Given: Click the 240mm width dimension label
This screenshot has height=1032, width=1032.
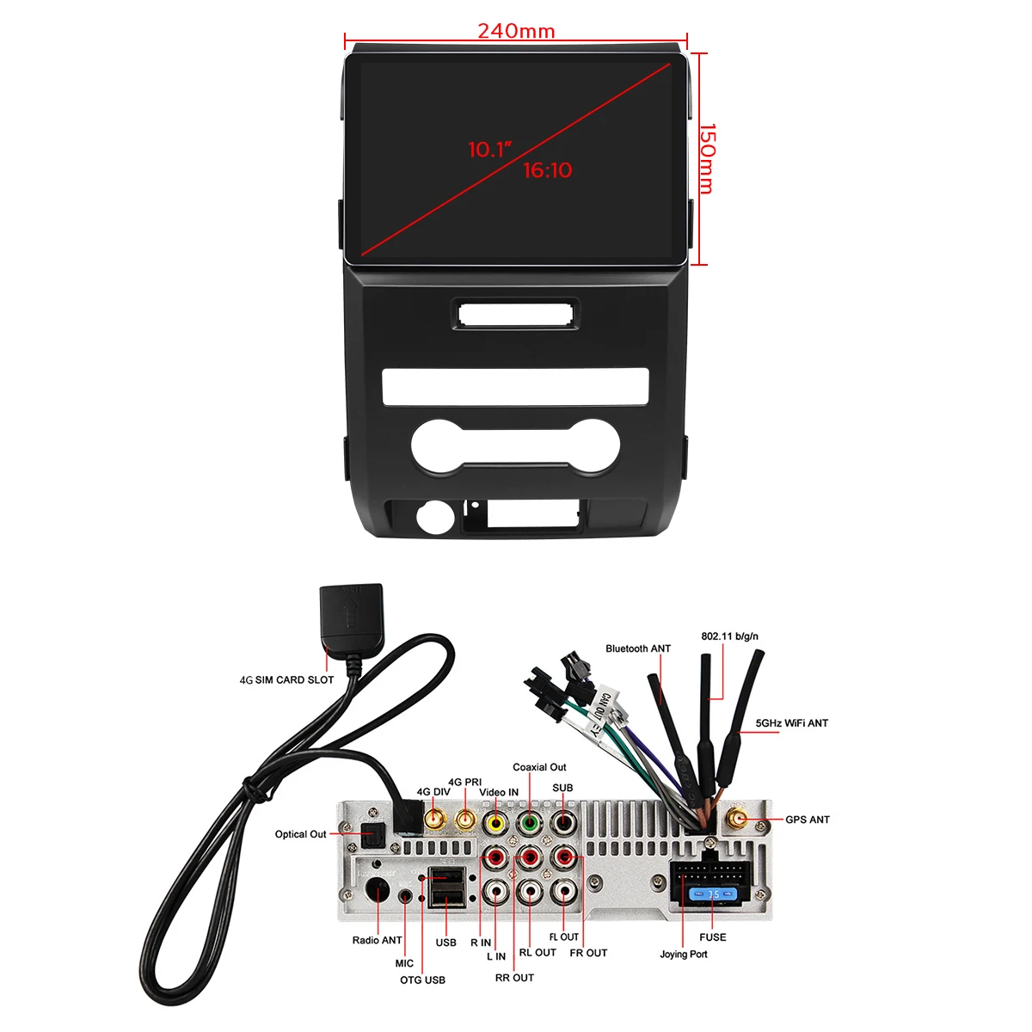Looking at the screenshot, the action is point(516,31).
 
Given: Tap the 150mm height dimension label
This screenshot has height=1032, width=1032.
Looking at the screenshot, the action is point(706,159).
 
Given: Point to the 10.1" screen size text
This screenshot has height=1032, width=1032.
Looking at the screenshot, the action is point(489,150).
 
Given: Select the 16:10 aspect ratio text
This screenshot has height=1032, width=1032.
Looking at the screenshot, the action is point(548,170).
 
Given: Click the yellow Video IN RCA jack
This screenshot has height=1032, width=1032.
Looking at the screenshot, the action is point(495,823).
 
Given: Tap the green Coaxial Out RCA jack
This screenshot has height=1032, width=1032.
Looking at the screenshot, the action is point(529,823).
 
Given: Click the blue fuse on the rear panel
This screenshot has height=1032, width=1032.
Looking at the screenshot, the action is point(712,895).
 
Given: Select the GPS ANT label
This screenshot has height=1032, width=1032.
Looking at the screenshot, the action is point(807,820).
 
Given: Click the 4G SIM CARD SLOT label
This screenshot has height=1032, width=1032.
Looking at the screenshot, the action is point(286,679).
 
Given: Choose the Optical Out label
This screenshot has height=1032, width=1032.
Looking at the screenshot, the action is point(300,834).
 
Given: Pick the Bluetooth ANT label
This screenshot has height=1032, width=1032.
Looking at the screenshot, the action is point(637,648).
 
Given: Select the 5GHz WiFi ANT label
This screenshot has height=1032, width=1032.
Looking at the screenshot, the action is point(791,723).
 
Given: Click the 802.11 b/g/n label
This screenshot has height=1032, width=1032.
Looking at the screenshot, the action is point(729,636).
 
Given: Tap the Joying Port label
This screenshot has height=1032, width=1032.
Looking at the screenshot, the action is point(684,954).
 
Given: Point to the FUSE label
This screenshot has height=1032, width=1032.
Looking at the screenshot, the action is point(712,937).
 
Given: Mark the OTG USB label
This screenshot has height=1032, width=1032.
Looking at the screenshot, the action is point(422,980).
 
